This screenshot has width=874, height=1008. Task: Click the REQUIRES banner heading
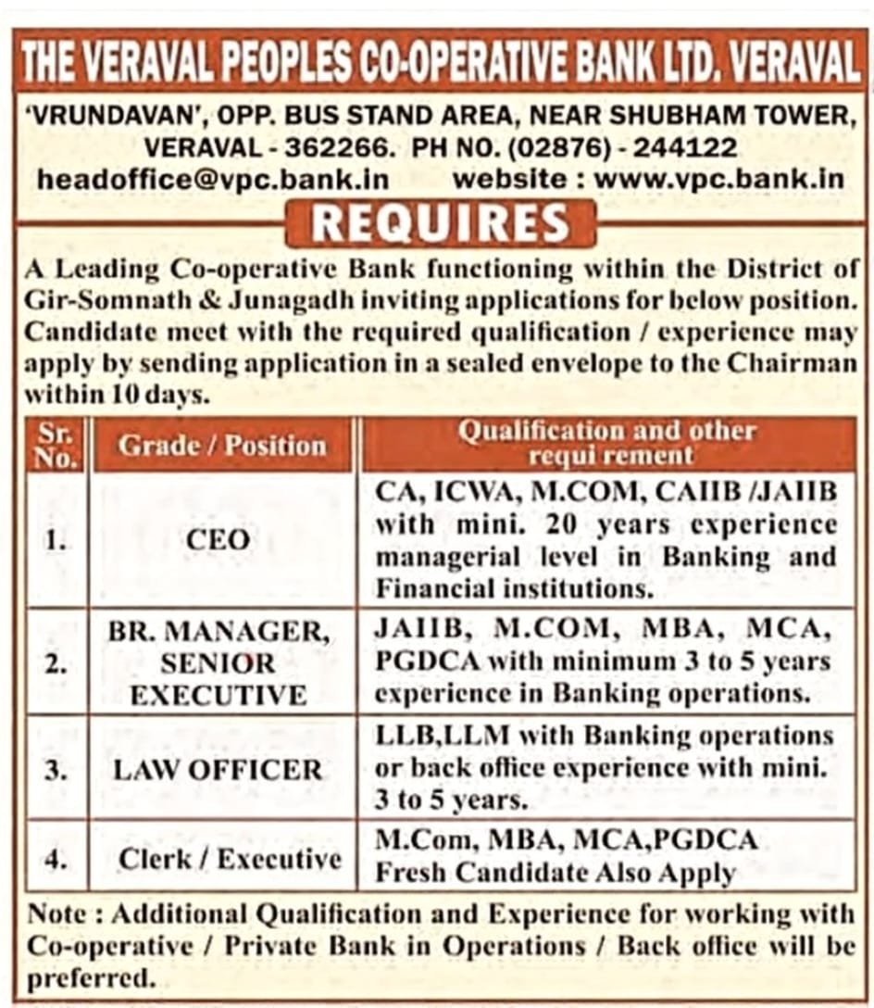(440, 224)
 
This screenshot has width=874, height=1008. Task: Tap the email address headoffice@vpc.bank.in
(213, 179)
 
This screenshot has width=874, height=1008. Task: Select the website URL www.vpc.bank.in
(719, 179)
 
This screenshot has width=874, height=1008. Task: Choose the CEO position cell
(218, 540)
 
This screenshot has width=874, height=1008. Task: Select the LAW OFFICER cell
(218, 769)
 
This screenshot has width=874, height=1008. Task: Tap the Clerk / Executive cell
(230, 859)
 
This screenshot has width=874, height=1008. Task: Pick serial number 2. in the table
(56, 664)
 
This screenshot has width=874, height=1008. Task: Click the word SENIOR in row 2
(218, 663)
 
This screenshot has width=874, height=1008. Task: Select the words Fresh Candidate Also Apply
(556, 873)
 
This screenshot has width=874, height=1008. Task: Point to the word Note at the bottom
(59, 914)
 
